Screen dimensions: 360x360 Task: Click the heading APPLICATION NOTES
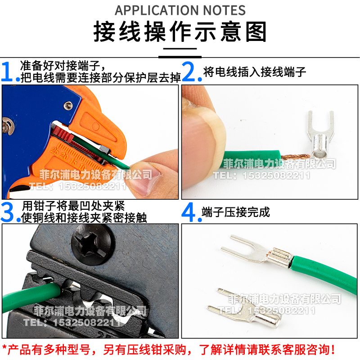point(180,10)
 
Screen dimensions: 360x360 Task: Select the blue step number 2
point(191,72)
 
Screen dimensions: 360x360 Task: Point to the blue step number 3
point(10,212)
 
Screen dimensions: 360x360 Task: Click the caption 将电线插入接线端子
point(255,72)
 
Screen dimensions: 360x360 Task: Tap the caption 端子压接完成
point(236,212)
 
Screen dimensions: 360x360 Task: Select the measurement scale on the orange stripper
point(67,155)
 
